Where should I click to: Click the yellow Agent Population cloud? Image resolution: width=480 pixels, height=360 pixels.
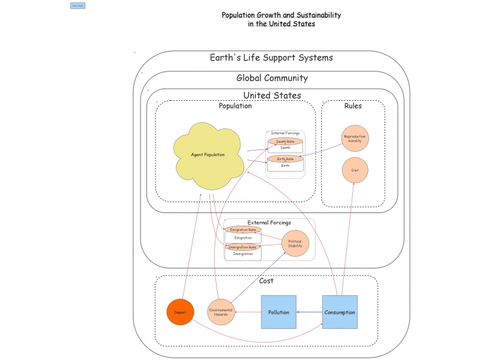(208, 155)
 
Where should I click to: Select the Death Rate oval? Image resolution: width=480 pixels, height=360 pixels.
(285, 142)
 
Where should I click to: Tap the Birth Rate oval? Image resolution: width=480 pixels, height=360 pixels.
(285, 159)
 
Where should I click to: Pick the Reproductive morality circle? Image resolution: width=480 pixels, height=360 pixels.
(354, 138)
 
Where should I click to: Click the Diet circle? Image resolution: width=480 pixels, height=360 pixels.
(355, 170)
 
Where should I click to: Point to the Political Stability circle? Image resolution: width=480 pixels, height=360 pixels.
(295, 243)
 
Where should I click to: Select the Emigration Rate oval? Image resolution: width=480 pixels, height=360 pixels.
(243, 230)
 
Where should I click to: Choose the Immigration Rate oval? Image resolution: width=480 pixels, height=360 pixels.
(243, 247)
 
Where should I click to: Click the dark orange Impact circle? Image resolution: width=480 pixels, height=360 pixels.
(180, 312)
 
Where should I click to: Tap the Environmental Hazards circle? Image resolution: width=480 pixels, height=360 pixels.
(221, 312)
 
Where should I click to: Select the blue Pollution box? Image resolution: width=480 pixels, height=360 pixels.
(279, 312)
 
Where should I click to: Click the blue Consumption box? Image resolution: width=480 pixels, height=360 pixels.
(340, 312)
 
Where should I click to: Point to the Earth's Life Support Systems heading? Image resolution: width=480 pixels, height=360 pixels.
(271, 58)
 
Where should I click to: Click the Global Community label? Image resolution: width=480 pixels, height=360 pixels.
(272, 78)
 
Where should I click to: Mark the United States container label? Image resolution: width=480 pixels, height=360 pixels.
(272, 95)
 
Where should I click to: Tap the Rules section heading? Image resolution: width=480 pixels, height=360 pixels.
(353, 106)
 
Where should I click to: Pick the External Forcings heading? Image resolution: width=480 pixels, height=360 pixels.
(269, 223)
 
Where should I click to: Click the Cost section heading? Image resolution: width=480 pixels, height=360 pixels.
(266, 281)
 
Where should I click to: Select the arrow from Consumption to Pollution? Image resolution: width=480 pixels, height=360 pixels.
(310, 312)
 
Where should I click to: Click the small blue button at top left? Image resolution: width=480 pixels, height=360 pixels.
(77, 5)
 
